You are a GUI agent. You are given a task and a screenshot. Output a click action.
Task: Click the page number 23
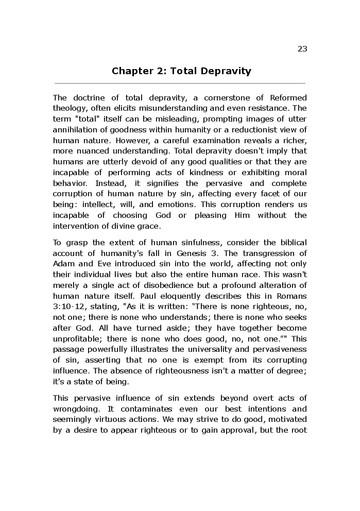[302, 49]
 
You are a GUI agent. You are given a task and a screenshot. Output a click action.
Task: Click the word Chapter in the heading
[130, 71]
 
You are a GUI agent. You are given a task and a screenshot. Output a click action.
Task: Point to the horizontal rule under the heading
[180, 83]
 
